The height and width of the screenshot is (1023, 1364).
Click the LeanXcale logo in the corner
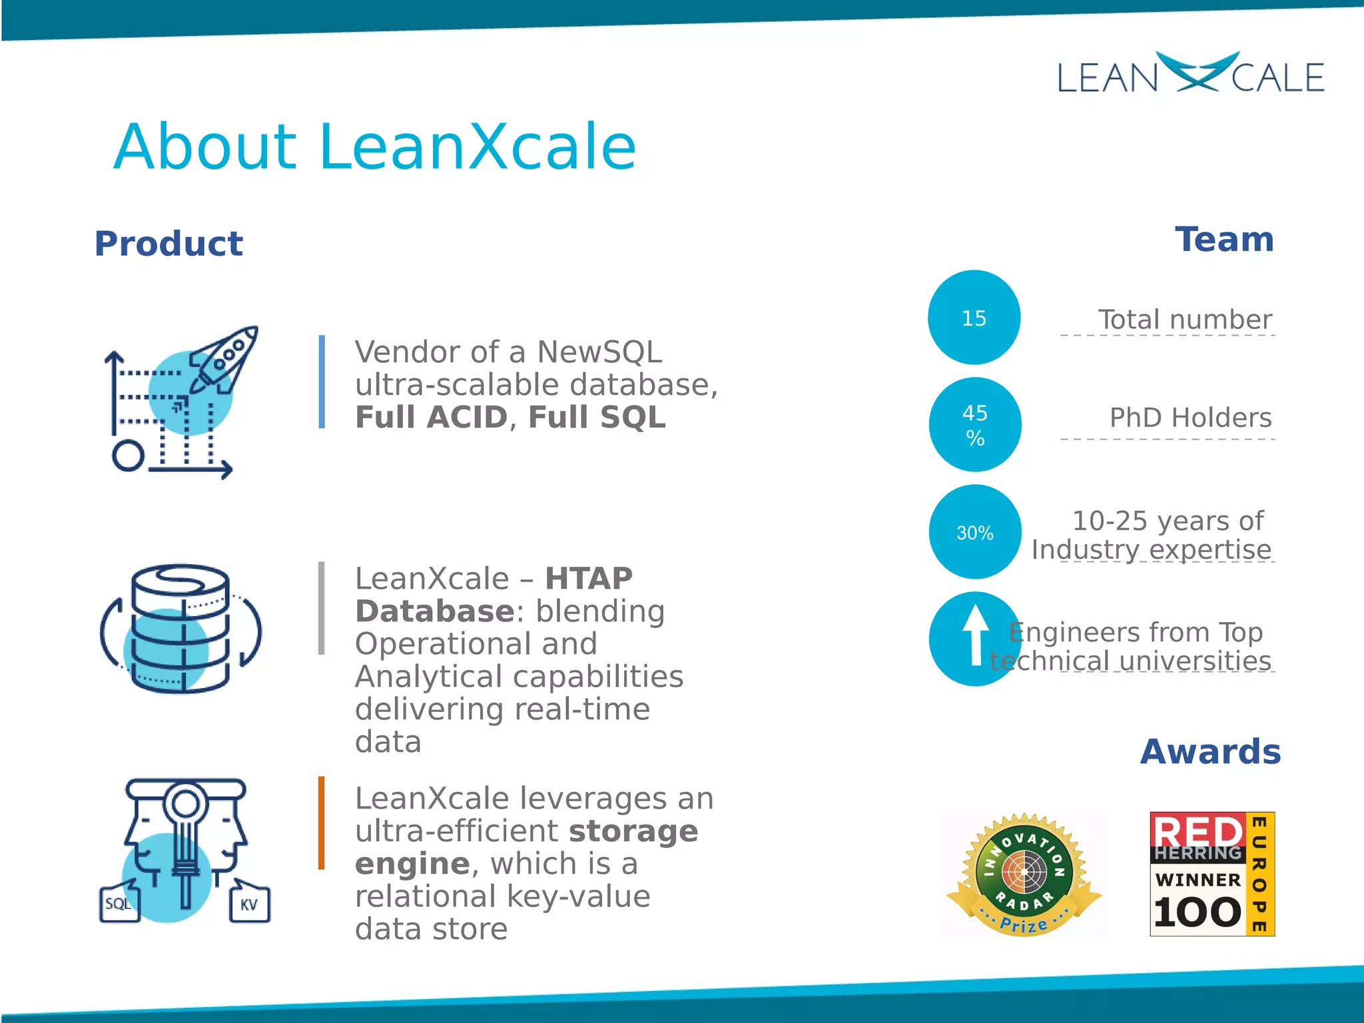[x=1191, y=75]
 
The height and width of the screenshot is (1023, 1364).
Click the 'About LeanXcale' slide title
[x=375, y=147]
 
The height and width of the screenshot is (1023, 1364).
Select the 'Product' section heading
[x=169, y=244]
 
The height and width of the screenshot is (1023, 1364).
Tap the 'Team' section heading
[x=1224, y=240]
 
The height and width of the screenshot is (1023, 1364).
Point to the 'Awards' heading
[x=1210, y=752]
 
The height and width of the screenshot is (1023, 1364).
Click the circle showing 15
[x=974, y=318]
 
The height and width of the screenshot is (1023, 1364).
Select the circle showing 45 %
[x=975, y=425]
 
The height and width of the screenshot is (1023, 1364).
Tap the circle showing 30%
[x=975, y=532]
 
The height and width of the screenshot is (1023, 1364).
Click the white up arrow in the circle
[x=976, y=635]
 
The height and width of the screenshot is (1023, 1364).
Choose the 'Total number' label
[x=1184, y=320]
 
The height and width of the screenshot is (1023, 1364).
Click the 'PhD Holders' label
[x=1190, y=418]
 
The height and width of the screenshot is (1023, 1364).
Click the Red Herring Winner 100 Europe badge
[x=1211, y=874]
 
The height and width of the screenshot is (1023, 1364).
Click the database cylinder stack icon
[x=180, y=629]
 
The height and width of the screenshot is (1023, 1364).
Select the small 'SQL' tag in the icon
[x=119, y=904]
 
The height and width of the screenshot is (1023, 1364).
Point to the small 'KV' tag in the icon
[x=249, y=904]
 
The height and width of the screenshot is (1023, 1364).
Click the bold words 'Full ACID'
[x=431, y=418]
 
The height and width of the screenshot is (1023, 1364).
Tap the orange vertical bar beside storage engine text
[x=322, y=823]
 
